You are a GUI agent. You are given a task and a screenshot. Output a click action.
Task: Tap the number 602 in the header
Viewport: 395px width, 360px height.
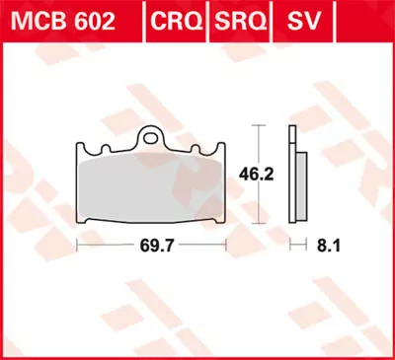(x=95, y=21)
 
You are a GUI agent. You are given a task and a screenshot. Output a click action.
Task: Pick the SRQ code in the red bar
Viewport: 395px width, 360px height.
(x=234, y=21)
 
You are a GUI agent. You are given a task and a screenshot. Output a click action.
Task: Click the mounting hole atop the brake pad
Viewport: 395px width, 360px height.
(x=152, y=137)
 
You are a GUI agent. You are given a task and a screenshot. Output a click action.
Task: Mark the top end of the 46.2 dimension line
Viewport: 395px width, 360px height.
(x=258, y=126)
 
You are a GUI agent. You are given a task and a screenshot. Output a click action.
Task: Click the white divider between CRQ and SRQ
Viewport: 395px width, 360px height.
(x=205, y=21)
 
